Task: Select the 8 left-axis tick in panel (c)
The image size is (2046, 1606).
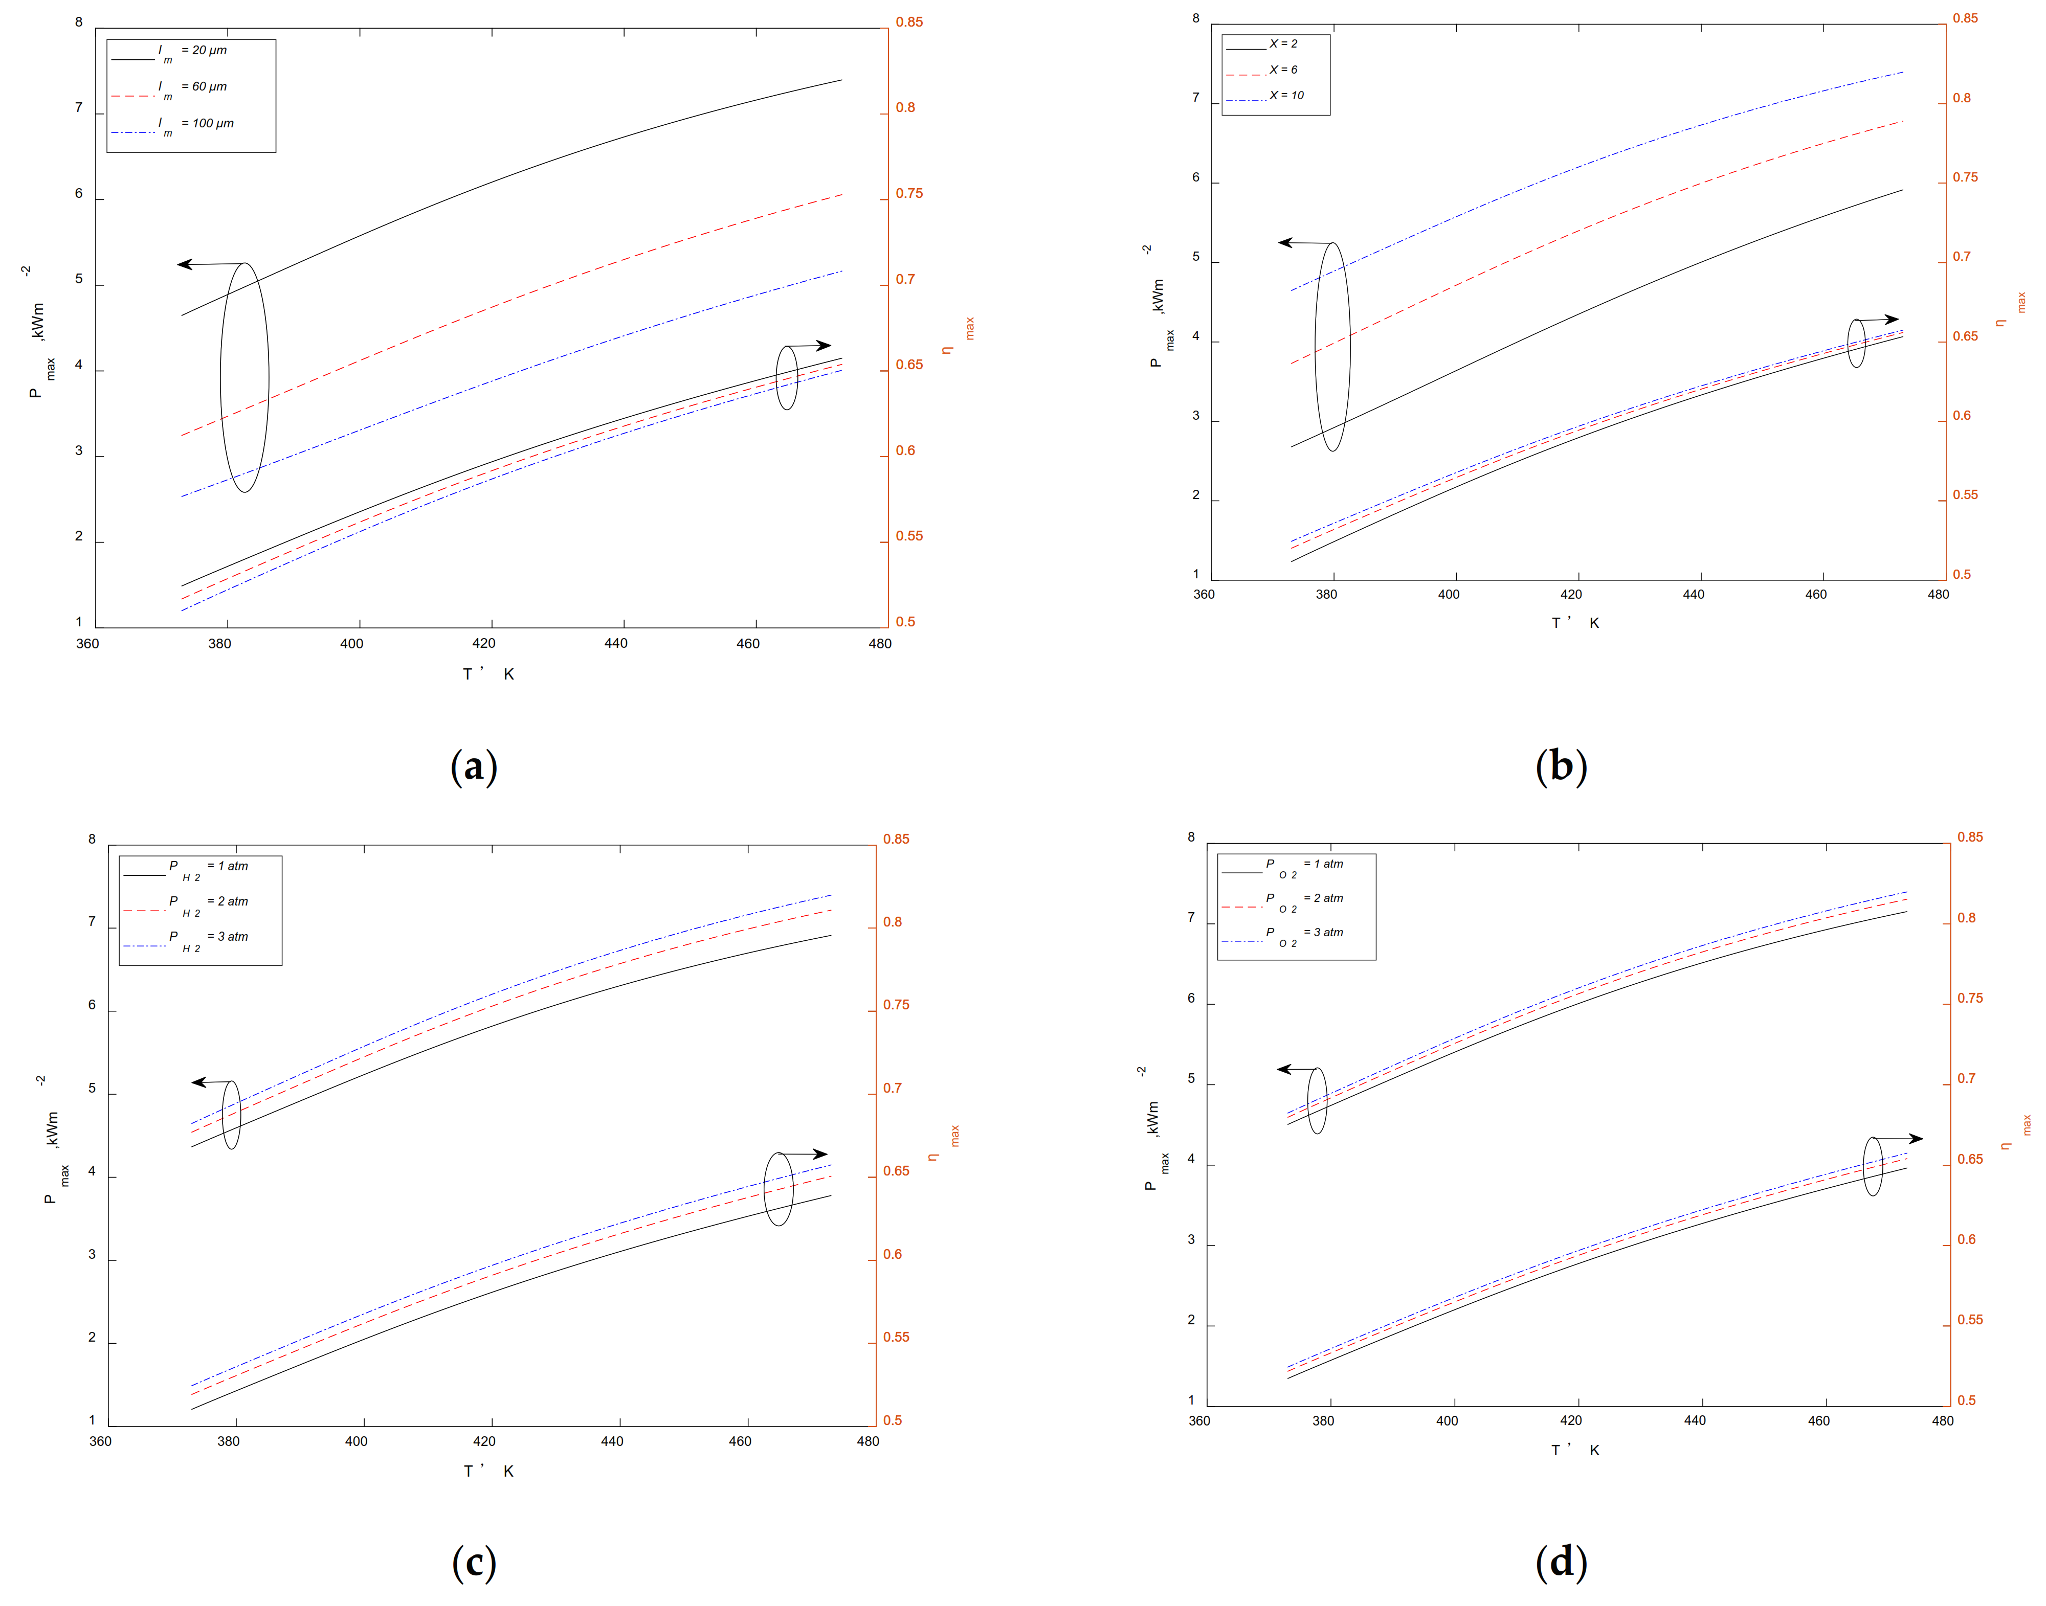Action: click(x=92, y=839)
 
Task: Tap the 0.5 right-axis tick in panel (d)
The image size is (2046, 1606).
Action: click(x=1966, y=1400)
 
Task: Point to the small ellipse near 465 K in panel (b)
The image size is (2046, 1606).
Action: click(x=1856, y=343)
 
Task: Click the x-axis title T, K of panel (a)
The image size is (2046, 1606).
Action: click(x=488, y=674)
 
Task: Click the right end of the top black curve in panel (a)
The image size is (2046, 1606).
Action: click(x=841, y=80)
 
